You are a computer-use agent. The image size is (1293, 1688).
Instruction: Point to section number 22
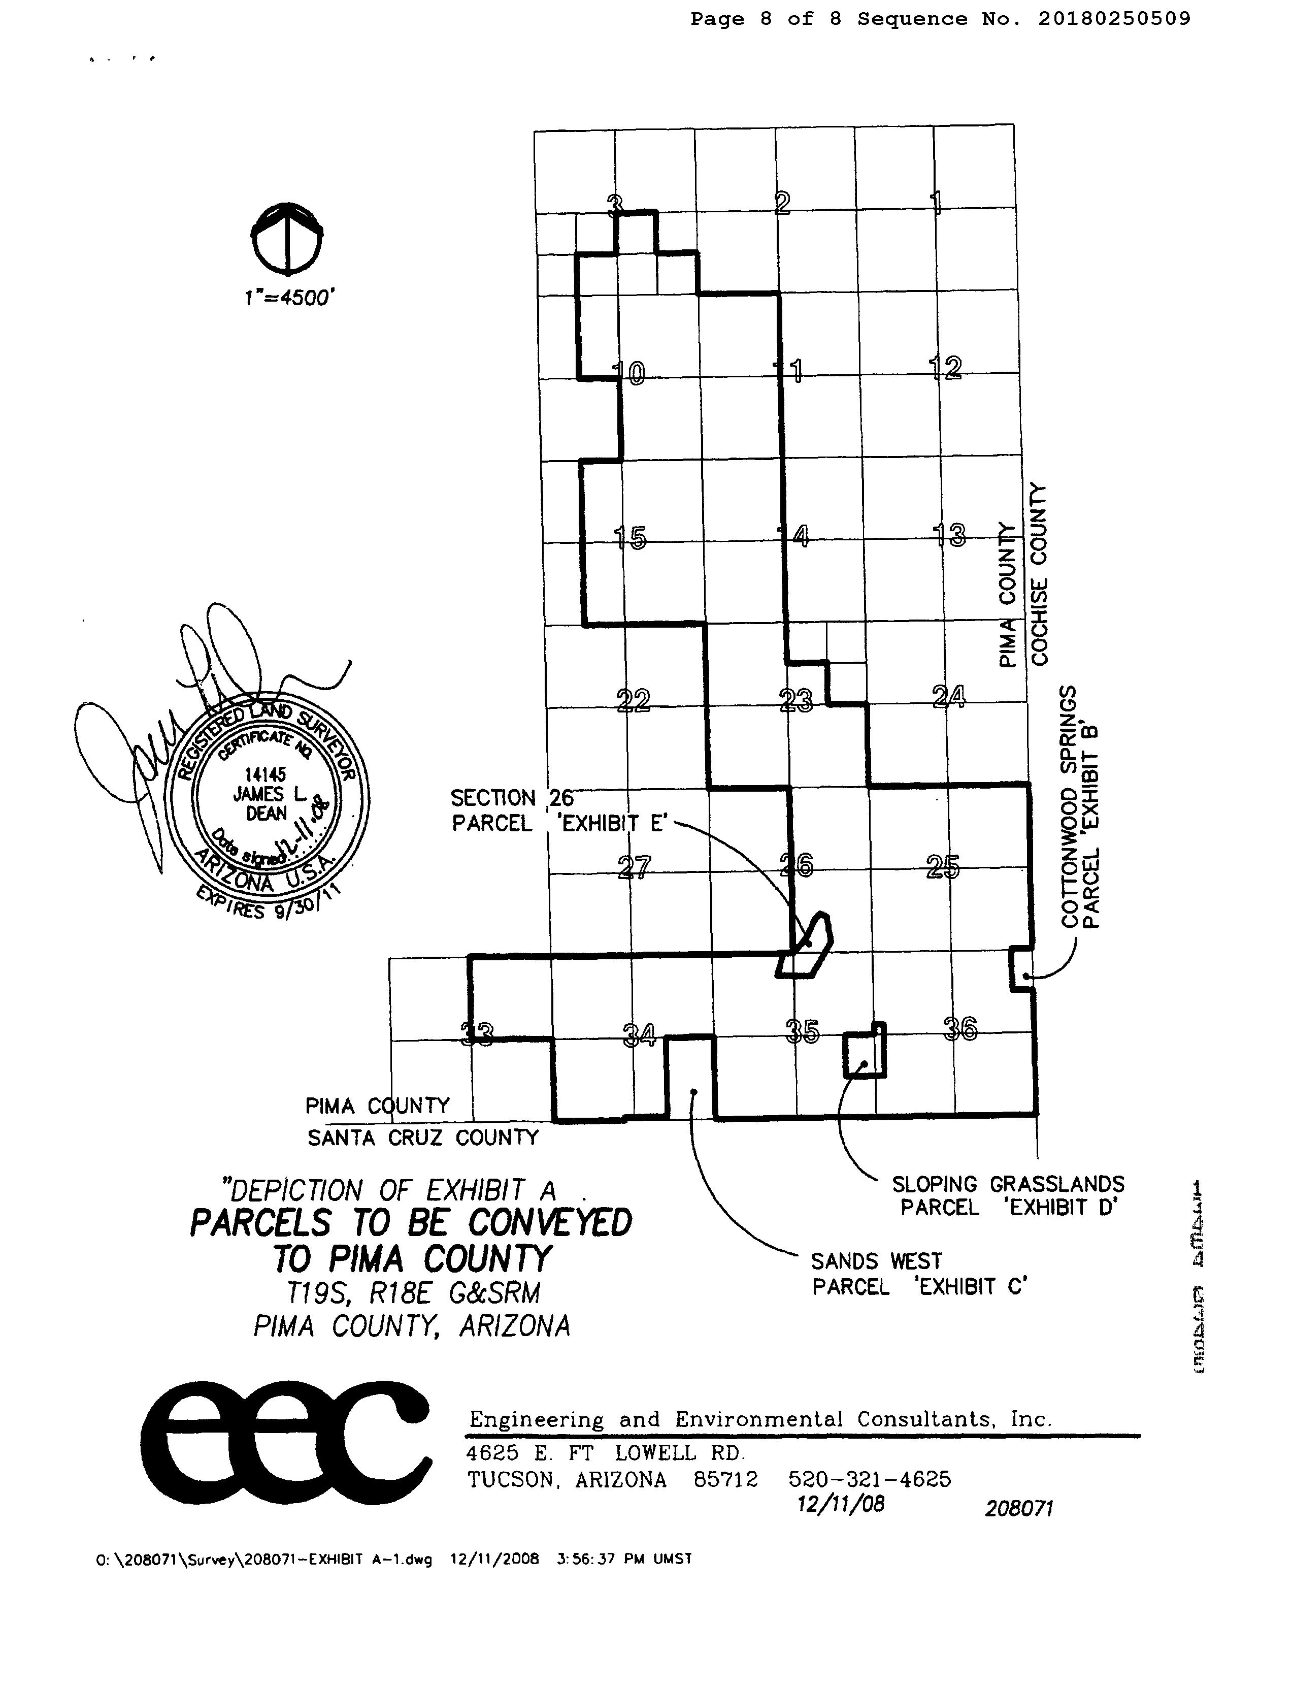click(x=634, y=700)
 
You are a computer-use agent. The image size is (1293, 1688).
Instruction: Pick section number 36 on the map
click(x=960, y=1029)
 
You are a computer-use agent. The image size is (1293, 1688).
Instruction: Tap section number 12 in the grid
click(x=946, y=368)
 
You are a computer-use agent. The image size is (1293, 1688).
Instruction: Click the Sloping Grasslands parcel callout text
click(x=1008, y=1195)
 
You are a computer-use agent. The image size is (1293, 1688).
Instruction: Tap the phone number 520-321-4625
click(x=870, y=1479)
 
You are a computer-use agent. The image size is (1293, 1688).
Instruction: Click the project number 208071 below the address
click(x=1018, y=1509)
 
